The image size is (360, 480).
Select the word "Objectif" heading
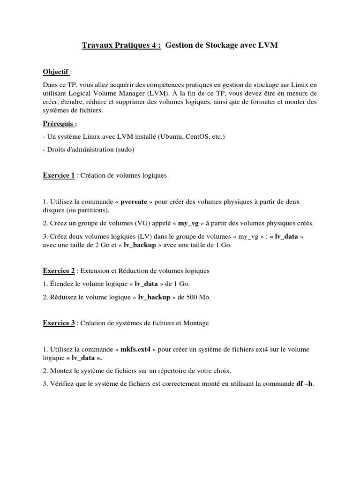tap(56, 72)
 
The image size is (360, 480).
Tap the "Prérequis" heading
tap(59, 124)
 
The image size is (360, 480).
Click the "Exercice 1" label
tap(59, 175)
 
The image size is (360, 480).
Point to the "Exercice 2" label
tap(59, 271)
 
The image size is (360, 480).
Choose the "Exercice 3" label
tap(59, 323)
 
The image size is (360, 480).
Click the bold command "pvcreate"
tap(134, 202)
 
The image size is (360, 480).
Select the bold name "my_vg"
tap(189, 223)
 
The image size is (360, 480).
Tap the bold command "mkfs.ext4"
tap(135, 349)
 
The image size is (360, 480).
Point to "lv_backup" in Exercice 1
tap(140, 245)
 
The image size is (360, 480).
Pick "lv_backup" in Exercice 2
tap(154, 297)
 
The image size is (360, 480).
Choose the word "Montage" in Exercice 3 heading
tap(196, 323)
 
